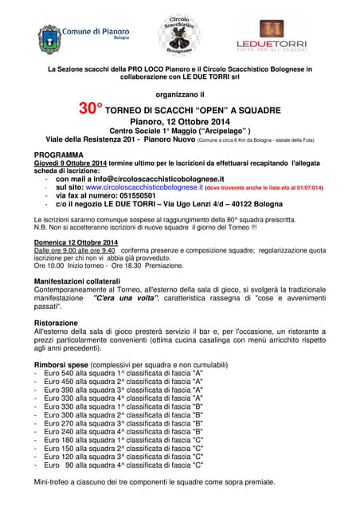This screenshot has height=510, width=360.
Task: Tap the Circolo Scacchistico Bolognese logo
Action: (180, 34)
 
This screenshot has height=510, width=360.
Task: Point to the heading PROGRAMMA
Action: (59, 154)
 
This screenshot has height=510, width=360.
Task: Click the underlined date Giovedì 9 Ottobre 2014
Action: (70, 163)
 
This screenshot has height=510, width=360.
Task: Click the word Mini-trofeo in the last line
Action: (54, 482)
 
